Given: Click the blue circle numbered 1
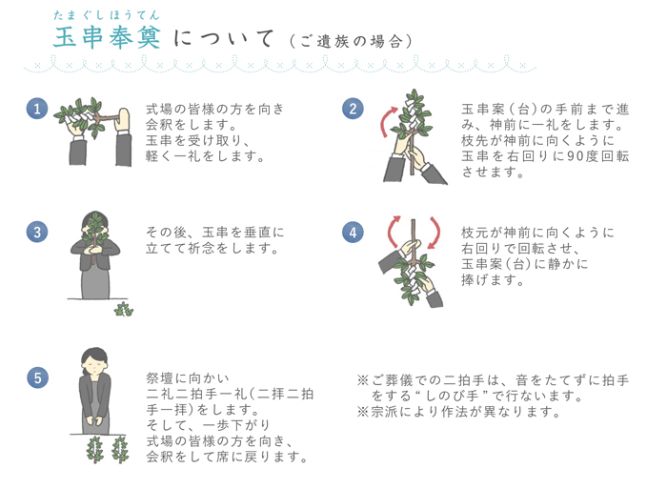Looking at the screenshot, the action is (x=37, y=109).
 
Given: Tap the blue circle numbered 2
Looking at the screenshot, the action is (x=353, y=109).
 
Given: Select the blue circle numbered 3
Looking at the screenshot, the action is (x=37, y=232).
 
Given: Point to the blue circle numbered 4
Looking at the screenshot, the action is (x=353, y=233).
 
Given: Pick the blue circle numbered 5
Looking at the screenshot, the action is (x=37, y=377).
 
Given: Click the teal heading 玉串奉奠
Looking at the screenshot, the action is (x=107, y=37).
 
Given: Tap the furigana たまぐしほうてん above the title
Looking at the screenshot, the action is (x=107, y=15).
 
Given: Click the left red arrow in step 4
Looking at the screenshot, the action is (x=391, y=231).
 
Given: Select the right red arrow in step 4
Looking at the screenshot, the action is (x=436, y=232).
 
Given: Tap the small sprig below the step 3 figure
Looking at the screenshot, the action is (x=123, y=309).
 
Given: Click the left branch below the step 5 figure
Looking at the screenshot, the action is (x=94, y=449).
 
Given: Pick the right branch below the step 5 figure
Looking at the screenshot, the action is (x=120, y=449).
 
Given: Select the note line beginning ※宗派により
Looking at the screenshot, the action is (x=458, y=412).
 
